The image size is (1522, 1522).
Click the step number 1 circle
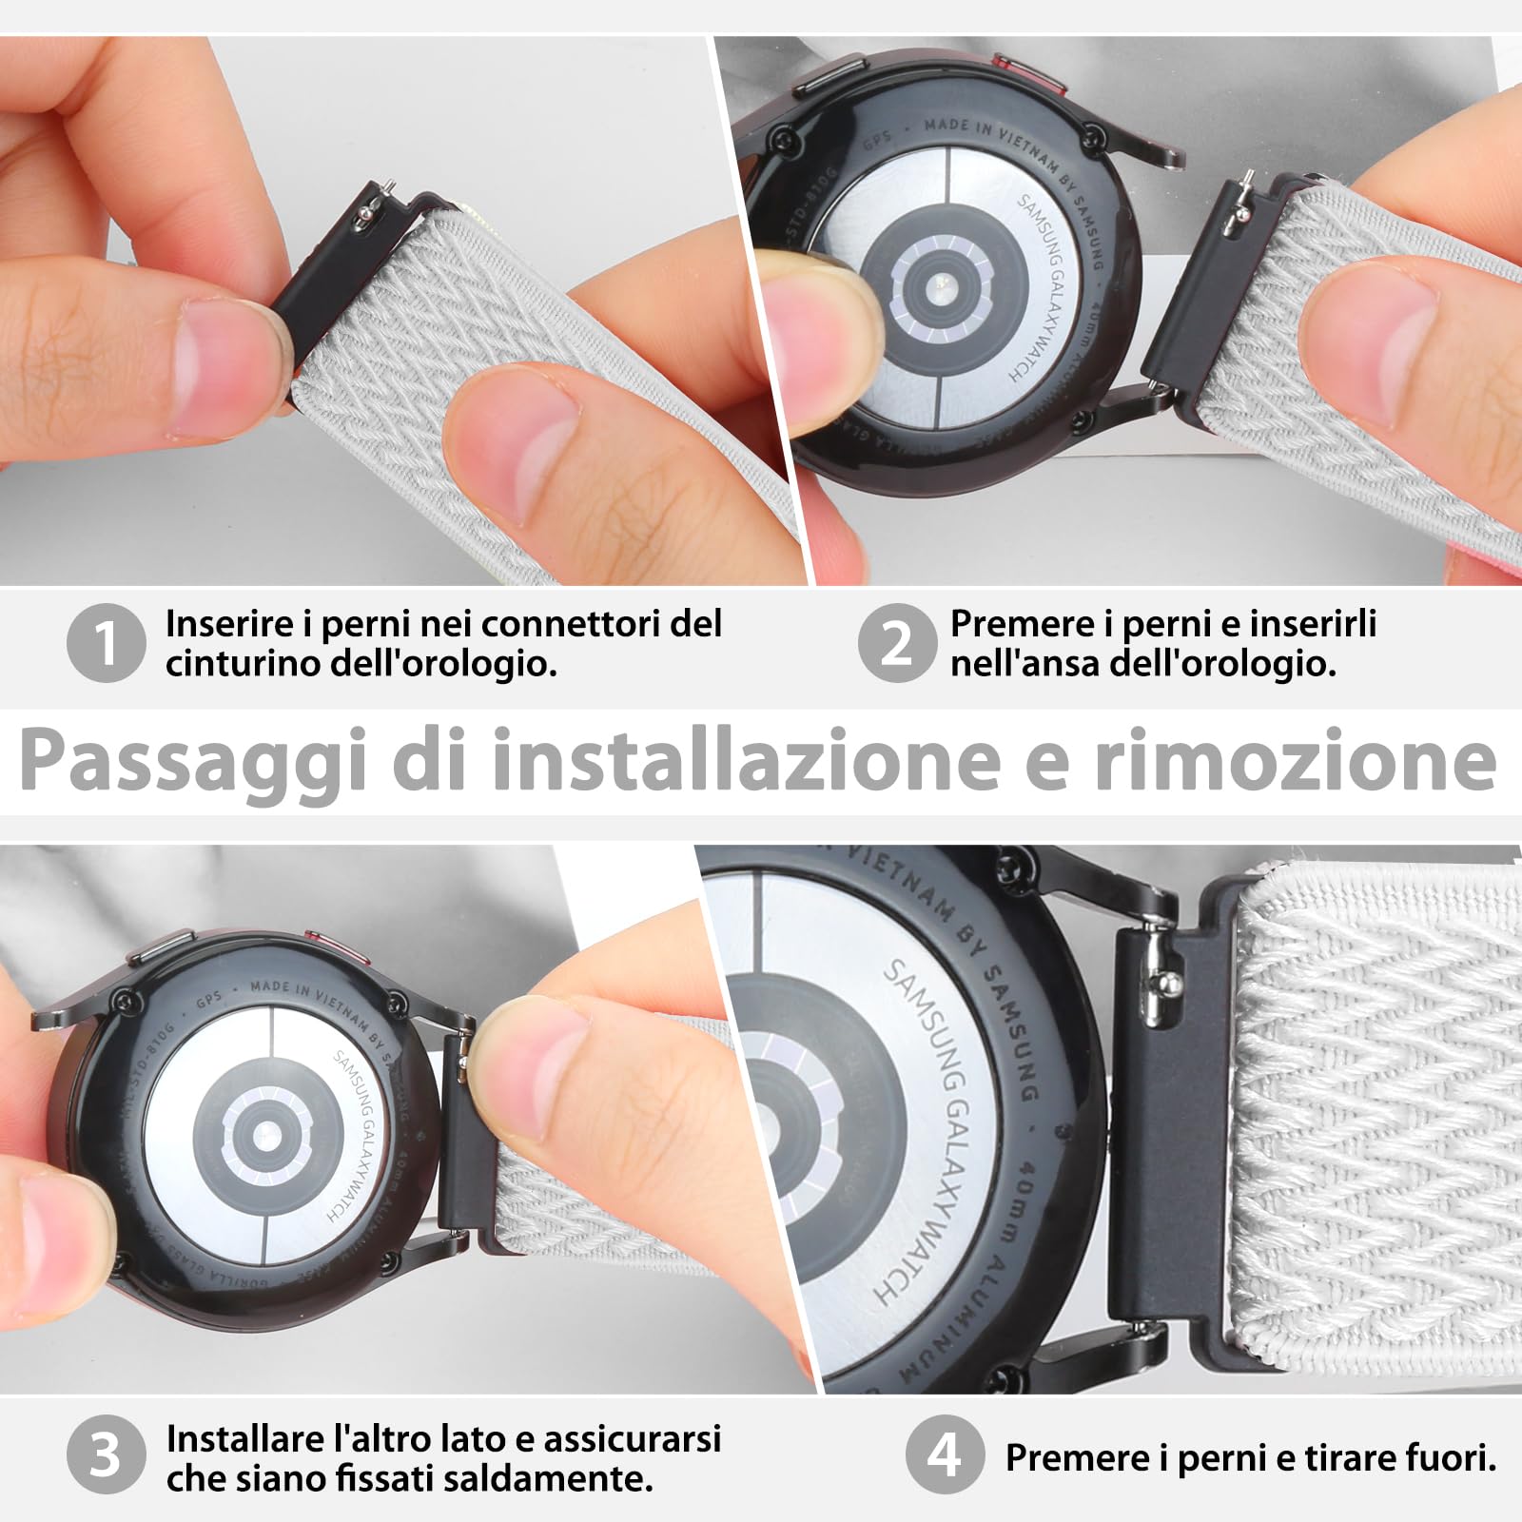(x=107, y=643)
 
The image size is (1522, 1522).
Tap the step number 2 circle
(x=896, y=643)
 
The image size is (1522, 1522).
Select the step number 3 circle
(x=107, y=1454)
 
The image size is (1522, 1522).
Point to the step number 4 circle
(x=944, y=1454)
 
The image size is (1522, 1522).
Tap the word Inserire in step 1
(x=229, y=624)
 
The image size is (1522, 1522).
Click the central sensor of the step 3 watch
(x=267, y=1134)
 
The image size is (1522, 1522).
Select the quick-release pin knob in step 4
(x=1170, y=983)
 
